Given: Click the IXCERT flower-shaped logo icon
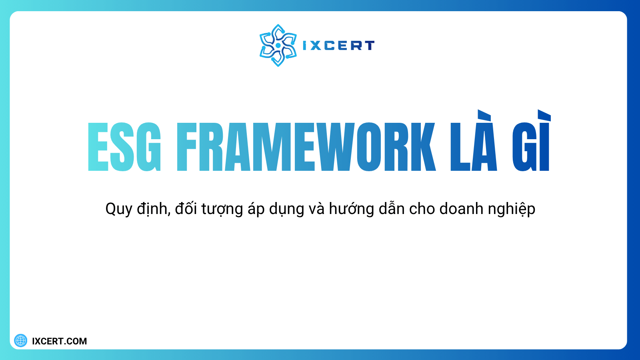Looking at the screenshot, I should (x=278, y=45).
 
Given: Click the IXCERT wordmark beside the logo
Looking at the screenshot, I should (x=338, y=46).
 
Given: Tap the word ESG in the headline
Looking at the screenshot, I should (x=124, y=147).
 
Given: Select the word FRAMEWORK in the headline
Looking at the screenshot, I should (x=306, y=147).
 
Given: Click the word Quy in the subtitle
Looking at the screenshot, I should (x=118, y=209).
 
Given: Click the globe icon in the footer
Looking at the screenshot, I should (x=21, y=341).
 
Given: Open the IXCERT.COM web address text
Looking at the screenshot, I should (x=59, y=341).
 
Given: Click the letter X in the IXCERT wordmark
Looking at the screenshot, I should (x=315, y=46).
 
